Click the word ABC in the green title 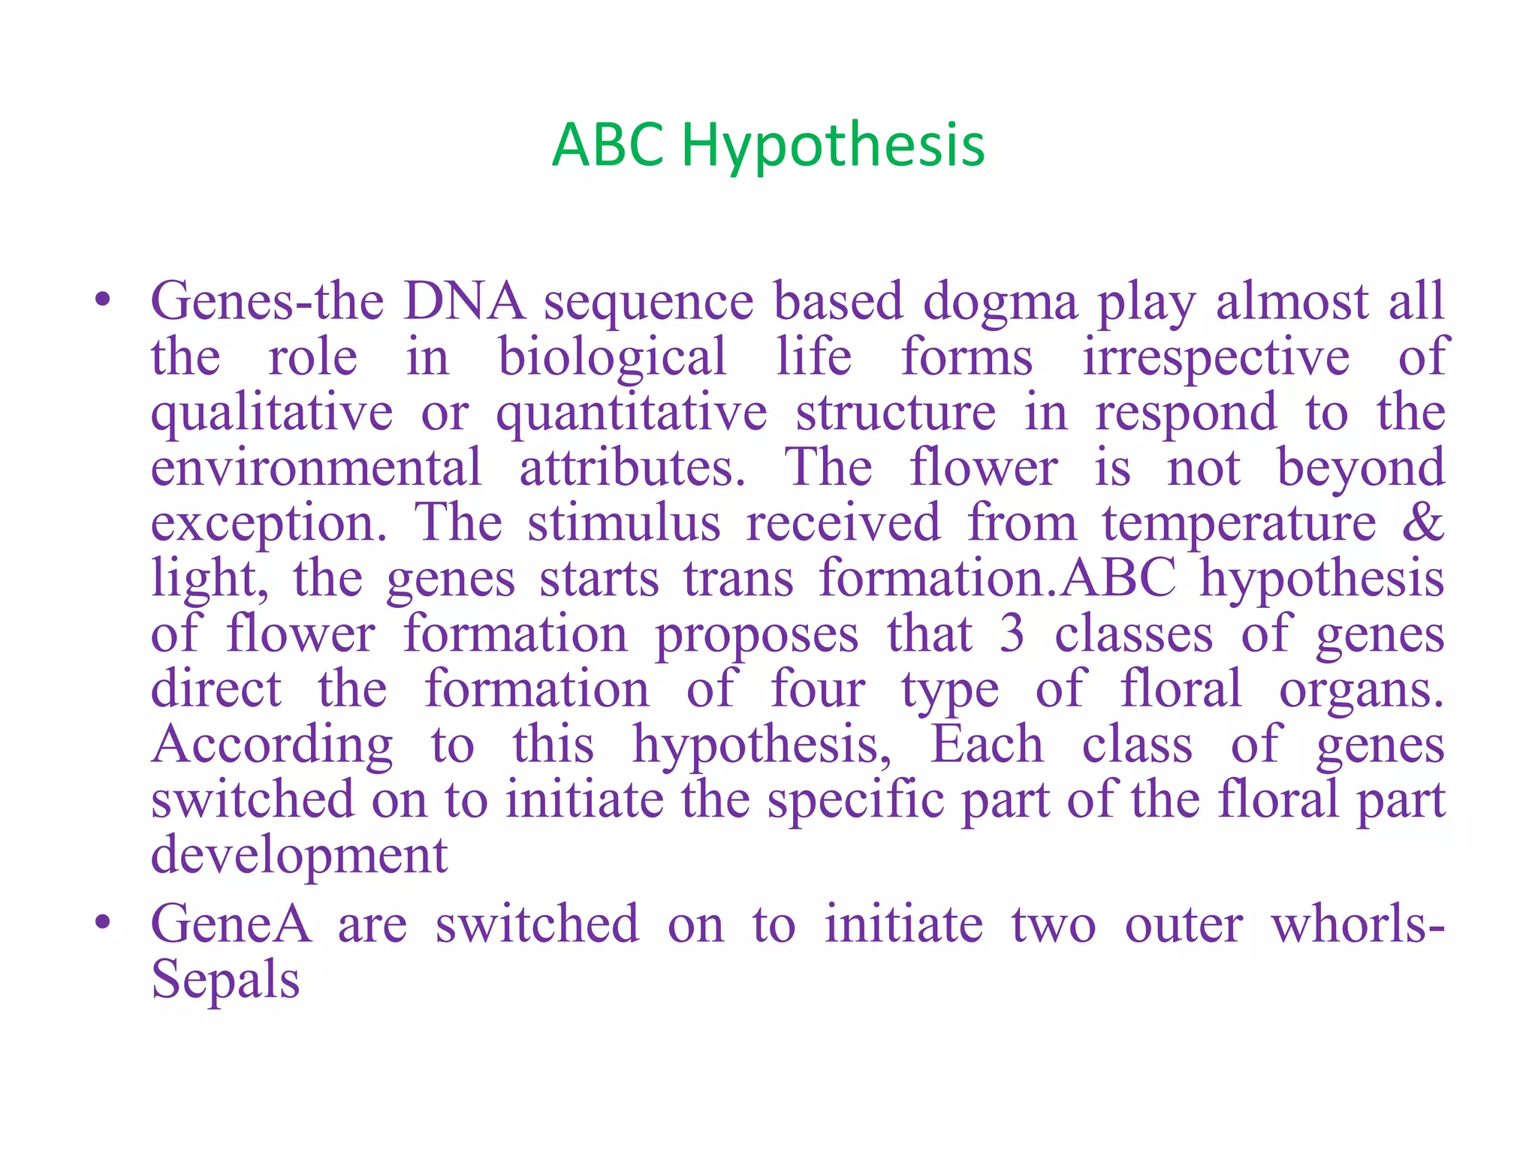pyautogui.click(x=608, y=144)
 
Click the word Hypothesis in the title pyautogui.click(x=833, y=146)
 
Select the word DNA pyautogui.click(x=463, y=301)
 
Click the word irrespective pyautogui.click(x=1215, y=357)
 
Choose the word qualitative pyautogui.click(x=271, y=413)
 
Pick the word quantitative pyautogui.click(x=632, y=413)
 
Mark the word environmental pyautogui.click(x=316, y=467)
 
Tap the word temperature pyautogui.click(x=1239, y=523)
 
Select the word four pyautogui.click(x=818, y=688)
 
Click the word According pyautogui.click(x=272, y=745)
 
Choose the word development pyautogui.click(x=299, y=855)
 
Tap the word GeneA pyautogui.click(x=231, y=923)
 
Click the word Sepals pyautogui.click(x=225, y=980)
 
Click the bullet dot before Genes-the pyautogui.click(x=103, y=301)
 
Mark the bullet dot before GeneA pyautogui.click(x=103, y=923)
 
